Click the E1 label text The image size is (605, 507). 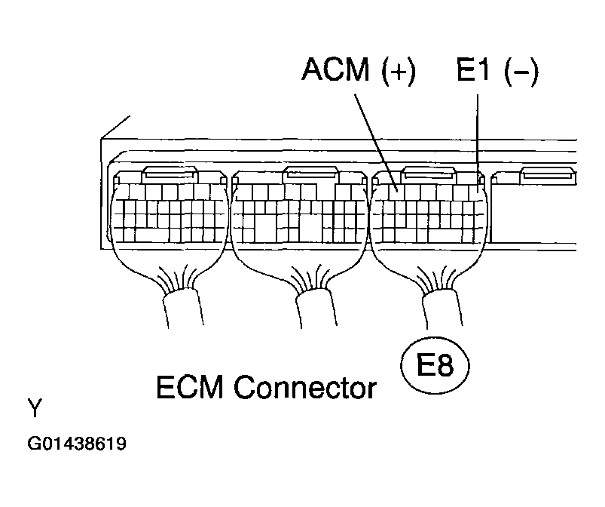472,72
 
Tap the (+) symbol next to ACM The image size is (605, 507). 396,73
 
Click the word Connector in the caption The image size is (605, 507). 304,388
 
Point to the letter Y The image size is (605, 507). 35,409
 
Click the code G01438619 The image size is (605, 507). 77,444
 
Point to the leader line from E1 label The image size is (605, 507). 477,128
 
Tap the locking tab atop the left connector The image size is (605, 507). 170,174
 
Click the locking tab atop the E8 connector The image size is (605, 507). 430,174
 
